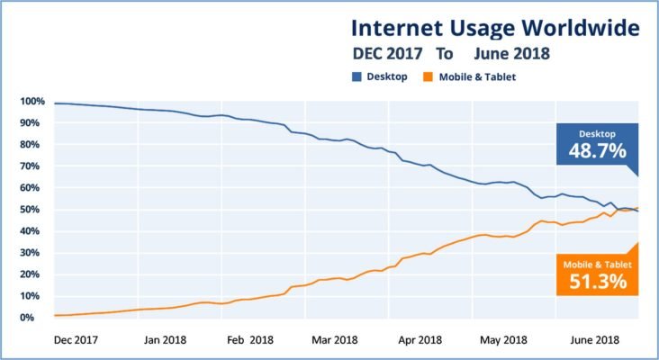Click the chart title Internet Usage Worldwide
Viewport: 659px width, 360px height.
(495, 27)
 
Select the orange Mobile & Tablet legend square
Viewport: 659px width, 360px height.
(429, 77)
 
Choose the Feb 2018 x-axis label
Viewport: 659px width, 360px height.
(249, 340)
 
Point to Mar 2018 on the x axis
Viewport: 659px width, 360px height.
(333, 340)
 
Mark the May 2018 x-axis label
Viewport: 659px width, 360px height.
(504, 340)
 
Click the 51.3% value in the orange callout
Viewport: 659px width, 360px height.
(597, 282)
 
